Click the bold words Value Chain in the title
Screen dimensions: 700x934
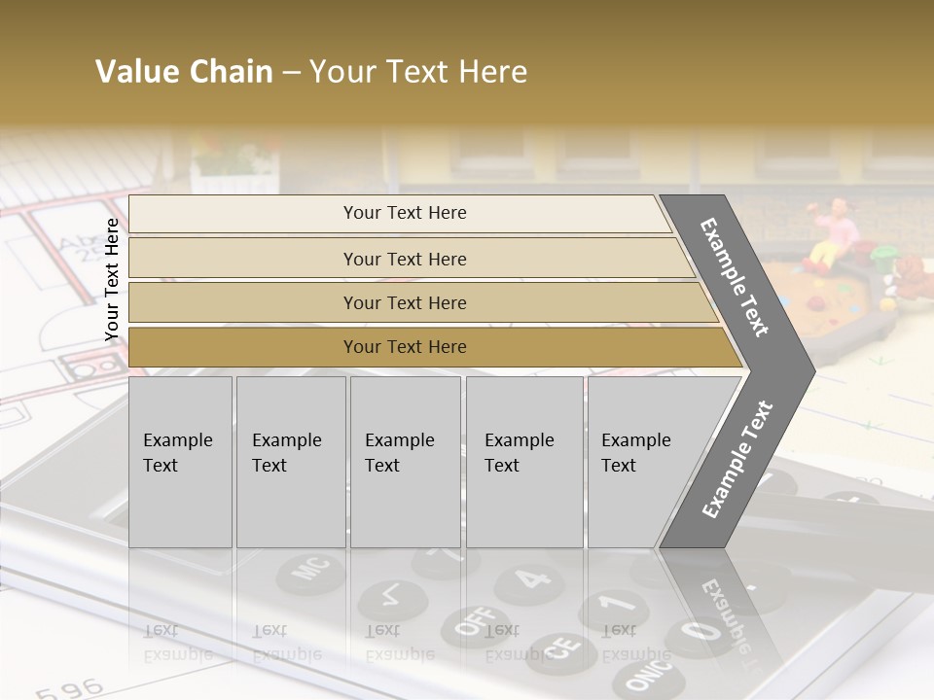tap(184, 72)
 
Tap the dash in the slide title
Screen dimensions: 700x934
tap(291, 73)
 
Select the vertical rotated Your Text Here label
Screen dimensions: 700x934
tap(112, 280)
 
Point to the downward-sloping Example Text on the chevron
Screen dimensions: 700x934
tap(735, 277)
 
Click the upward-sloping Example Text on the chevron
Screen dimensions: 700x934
tap(737, 459)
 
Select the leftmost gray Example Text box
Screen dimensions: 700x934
tap(180, 462)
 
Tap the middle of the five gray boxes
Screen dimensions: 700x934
tap(405, 462)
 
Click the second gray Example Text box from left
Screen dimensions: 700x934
tap(291, 462)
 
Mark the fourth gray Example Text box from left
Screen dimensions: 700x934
tap(524, 462)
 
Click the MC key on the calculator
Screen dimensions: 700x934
tap(309, 573)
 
